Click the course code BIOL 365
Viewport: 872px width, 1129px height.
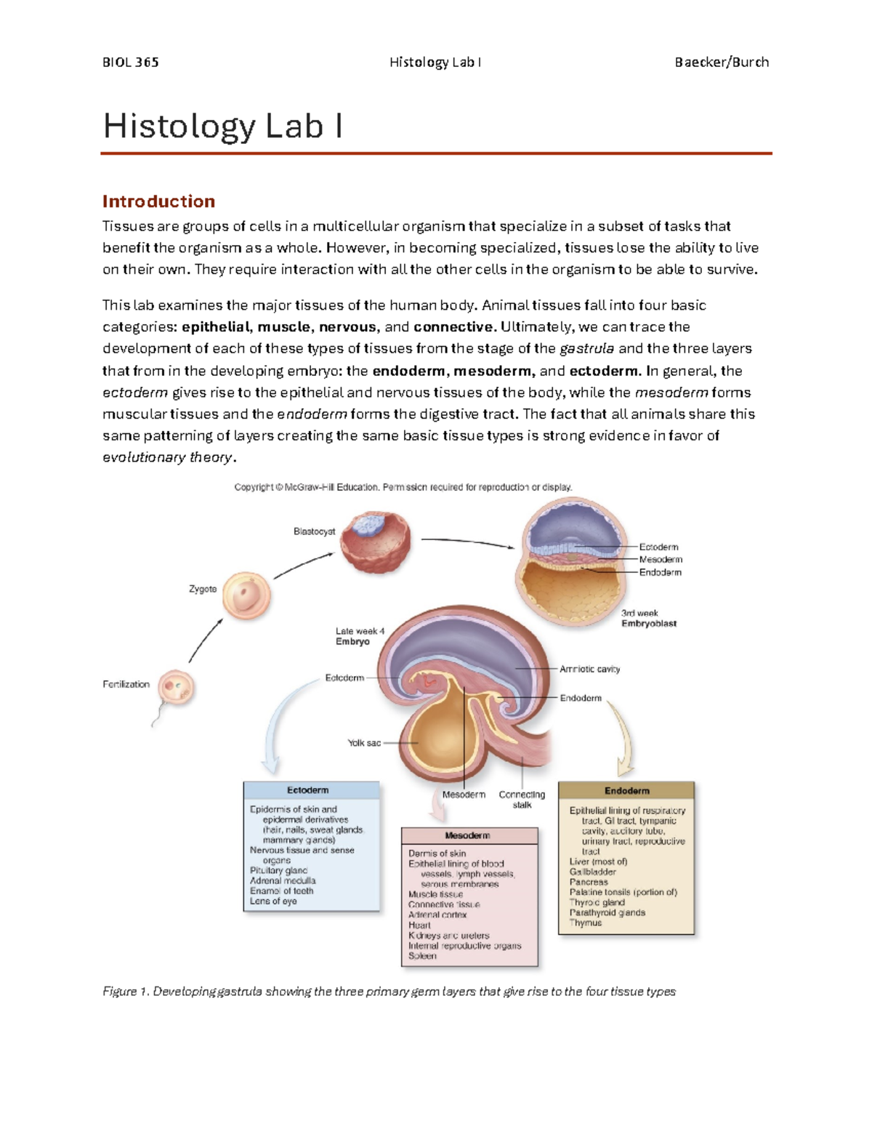(131, 63)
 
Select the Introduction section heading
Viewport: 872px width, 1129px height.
(158, 201)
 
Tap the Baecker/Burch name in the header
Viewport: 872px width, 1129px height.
(721, 63)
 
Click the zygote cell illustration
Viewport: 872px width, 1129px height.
(246, 595)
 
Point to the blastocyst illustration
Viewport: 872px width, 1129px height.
(376, 541)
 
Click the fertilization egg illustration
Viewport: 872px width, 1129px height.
(177, 688)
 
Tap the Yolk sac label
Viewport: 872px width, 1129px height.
(364, 743)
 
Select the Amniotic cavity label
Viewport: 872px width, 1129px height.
(589, 669)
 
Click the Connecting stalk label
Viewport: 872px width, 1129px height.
(522, 799)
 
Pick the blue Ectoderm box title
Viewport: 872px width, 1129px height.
(308, 790)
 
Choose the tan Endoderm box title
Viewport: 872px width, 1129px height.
(626, 791)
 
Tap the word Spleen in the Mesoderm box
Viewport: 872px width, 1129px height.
(422, 956)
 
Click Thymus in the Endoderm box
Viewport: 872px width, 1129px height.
(586, 923)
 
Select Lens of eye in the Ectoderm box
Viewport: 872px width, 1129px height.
(273, 901)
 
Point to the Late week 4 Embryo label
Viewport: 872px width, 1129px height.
(360, 636)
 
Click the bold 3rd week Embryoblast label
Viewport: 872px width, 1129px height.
(648, 623)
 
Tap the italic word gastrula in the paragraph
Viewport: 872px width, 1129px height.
(586, 348)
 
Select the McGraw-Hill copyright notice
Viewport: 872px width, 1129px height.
(403, 487)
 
